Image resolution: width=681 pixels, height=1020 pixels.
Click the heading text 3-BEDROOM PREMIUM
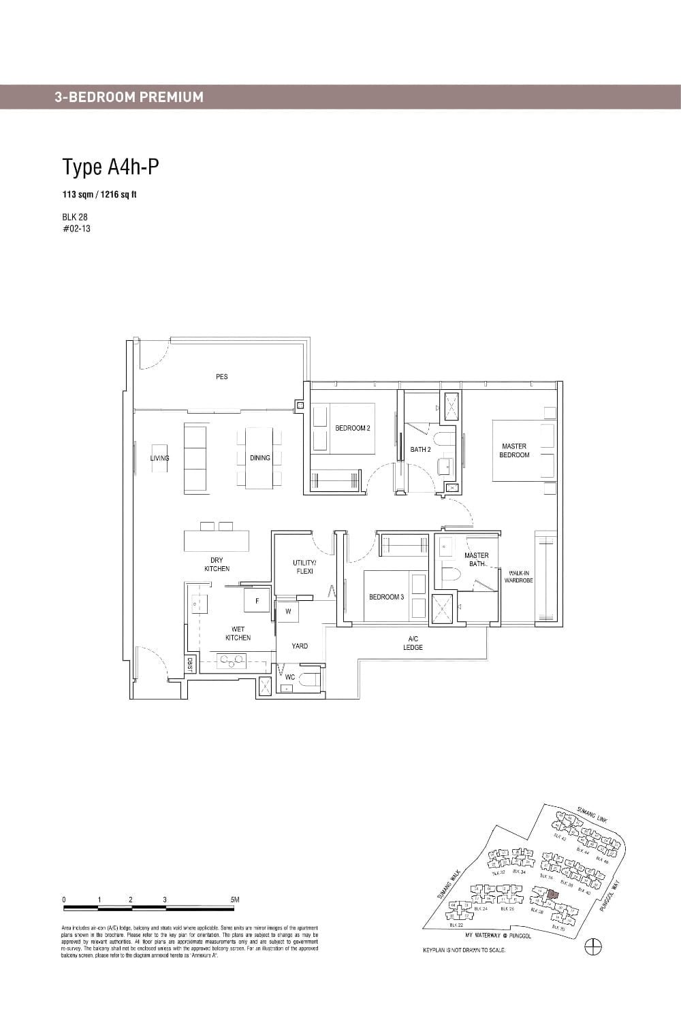click(x=129, y=97)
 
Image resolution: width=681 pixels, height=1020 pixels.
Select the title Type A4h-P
click(x=110, y=167)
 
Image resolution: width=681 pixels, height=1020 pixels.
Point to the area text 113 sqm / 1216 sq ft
click(x=99, y=195)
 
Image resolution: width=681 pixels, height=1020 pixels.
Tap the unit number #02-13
click(x=76, y=229)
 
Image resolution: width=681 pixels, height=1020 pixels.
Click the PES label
click(x=221, y=376)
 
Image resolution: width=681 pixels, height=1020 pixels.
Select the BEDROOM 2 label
click(x=352, y=428)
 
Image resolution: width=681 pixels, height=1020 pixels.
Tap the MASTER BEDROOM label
click(x=514, y=450)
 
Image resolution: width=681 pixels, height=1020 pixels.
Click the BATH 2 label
click(x=420, y=449)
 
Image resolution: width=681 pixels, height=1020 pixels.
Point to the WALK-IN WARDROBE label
click(x=518, y=577)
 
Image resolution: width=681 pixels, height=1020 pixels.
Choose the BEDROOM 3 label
click(x=386, y=597)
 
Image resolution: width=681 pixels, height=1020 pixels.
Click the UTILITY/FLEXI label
click(x=304, y=567)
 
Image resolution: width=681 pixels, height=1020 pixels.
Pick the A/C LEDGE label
click(x=413, y=643)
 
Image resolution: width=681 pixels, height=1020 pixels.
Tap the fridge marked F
click(x=257, y=601)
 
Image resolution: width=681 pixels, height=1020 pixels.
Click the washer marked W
click(x=288, y=611)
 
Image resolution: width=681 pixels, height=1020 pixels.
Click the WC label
click(x=290, y=677)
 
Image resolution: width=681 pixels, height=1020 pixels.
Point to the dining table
click(x=259, y=457)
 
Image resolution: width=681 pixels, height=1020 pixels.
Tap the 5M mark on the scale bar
click(x=235, y=900)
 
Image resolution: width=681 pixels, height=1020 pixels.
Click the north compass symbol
click(x=593, y=946)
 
